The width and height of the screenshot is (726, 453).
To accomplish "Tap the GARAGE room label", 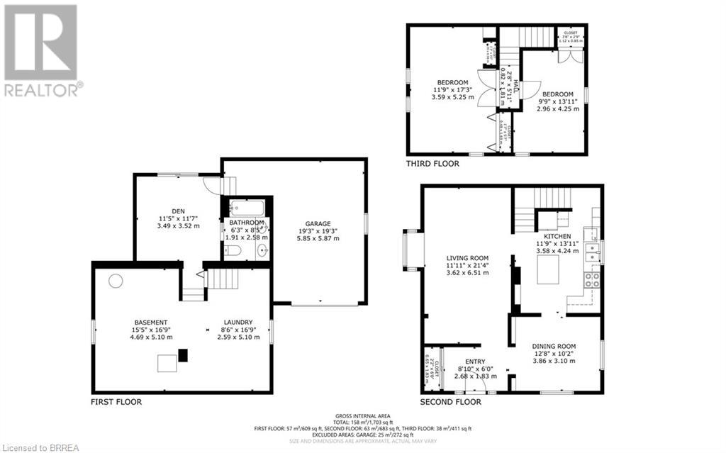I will click(318, 223).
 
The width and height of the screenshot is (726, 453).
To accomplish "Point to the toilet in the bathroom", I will click(233, 250).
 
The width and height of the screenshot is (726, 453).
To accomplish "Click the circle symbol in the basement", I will click(115, 280).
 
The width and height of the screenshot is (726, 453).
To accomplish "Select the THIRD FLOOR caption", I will click(432, 164).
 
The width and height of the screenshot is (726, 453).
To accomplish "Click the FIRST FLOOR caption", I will click(116, 402).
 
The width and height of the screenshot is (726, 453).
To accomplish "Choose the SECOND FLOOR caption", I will click(451, 402).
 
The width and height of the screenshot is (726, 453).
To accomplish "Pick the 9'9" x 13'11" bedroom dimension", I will click(557, 102).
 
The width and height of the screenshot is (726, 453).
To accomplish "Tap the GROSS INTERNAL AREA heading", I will click(363, 415).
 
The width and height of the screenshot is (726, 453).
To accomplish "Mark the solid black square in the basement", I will click(184, 355).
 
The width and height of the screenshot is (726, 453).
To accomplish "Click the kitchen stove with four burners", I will click(592, 279).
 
